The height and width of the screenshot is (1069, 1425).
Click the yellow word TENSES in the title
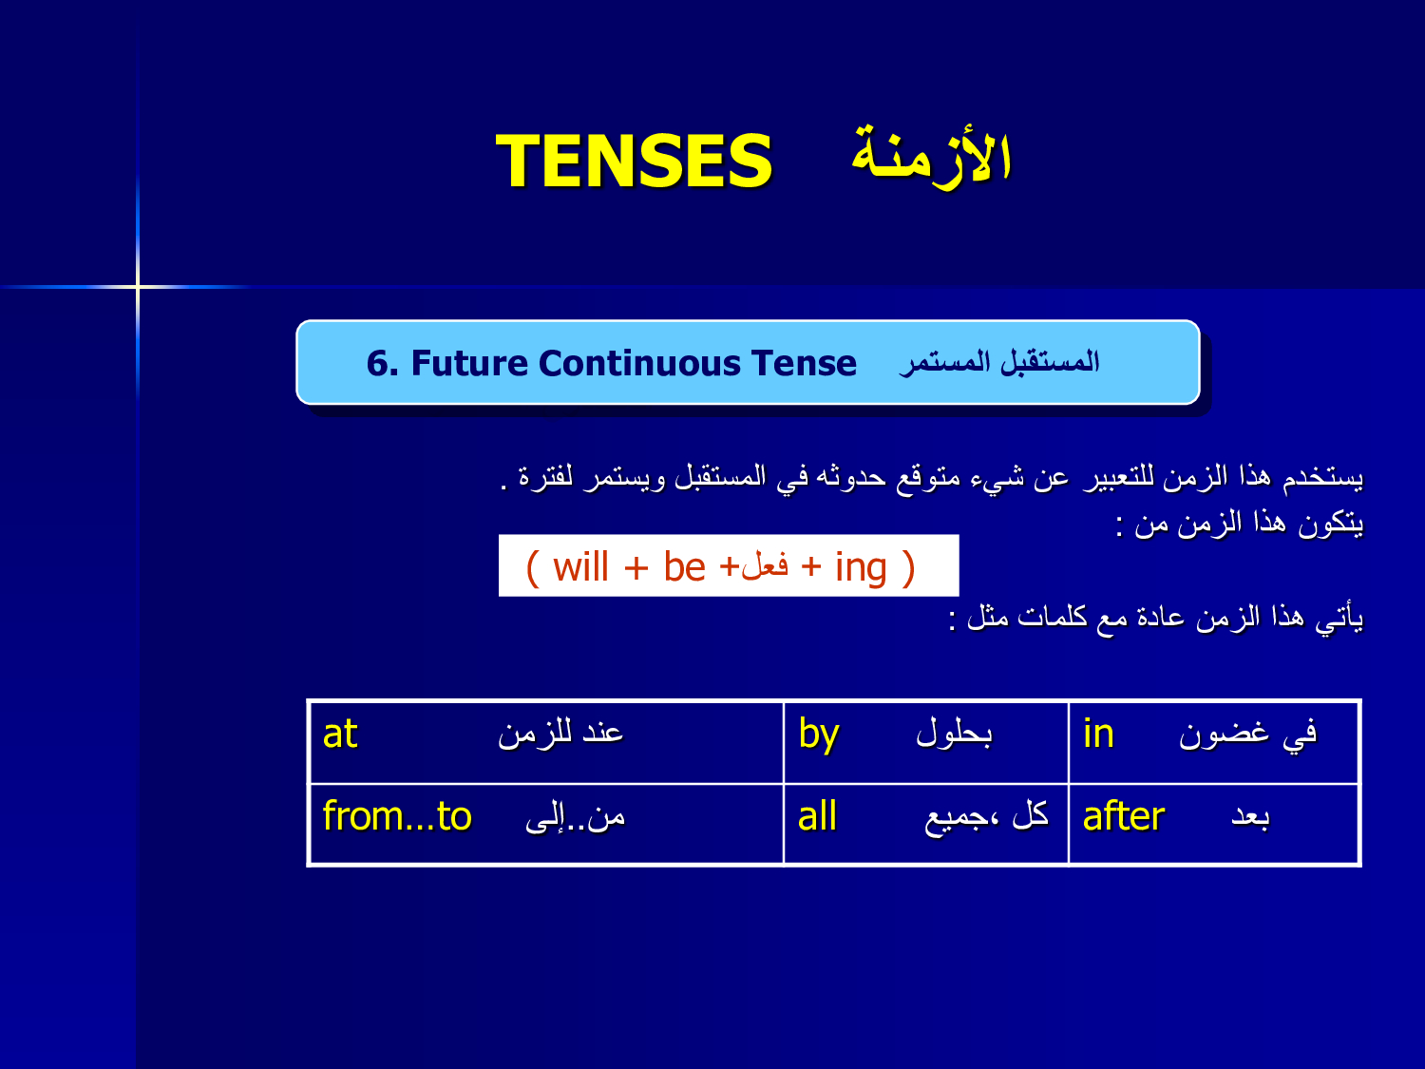pyautogui.click(x=634, y=161)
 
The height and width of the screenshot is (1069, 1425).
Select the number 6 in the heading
pyautogui.click(x=378, y=364)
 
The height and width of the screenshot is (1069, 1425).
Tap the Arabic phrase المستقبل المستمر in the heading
pyautogui.click(x=999, y=362)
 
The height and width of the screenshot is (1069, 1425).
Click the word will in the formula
pyautogui.click(x=579, y=568)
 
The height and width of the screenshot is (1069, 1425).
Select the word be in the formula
pyautogui.click(x=684, y=568)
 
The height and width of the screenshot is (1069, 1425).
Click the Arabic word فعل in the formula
pyautogui.click(x=764, y=565)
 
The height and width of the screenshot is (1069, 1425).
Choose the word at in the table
pyautogui.click(x=339, y=735)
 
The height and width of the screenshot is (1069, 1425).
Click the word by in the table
pyautogui.click(x=818, y=735)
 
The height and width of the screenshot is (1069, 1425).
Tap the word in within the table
pyautogui.click(x=1097, y=734)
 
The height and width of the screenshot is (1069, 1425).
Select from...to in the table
pyautogui.click(x=396, y=816)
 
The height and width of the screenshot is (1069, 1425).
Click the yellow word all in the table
pyautogui.click(x=816, y=816)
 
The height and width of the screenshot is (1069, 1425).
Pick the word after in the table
pyautogui.click(x=1123, y=816)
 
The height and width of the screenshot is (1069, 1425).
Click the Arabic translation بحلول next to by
pyautogui.click(x=954, y=734)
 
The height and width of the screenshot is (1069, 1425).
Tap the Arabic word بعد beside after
pyautogui.click(x=1250, y=817)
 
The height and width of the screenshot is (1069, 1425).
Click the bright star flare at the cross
pyautogui.click(x=138, y=286)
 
